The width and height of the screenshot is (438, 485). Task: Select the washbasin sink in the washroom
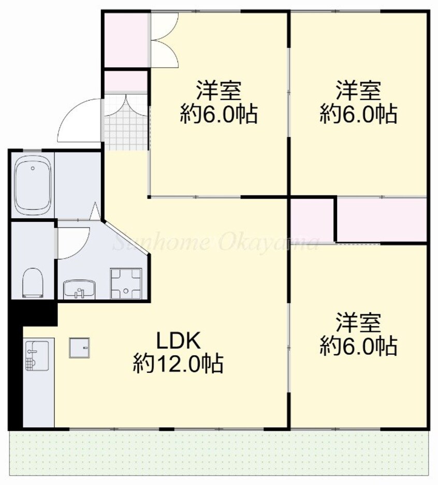79,289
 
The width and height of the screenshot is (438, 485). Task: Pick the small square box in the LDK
80,347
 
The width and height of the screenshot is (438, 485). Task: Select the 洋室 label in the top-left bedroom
218,91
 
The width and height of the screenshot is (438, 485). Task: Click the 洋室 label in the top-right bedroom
358,91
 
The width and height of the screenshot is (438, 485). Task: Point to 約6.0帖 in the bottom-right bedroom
358,345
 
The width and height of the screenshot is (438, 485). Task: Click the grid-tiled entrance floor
126,122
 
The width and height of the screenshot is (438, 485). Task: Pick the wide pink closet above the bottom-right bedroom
382,219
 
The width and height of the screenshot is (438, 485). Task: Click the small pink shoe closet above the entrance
126,81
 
